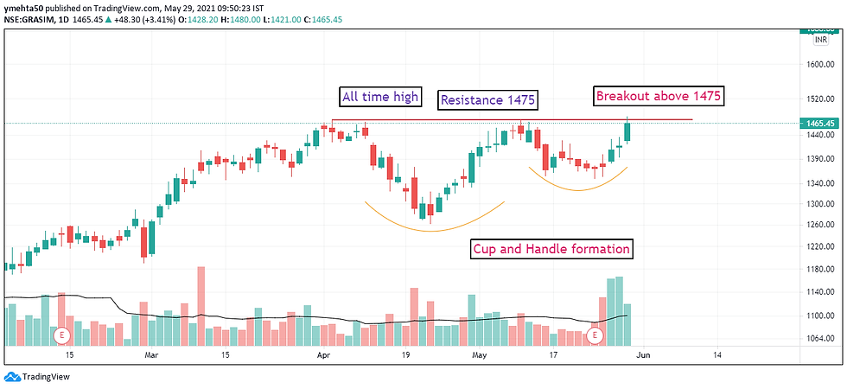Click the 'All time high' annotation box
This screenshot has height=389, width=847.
(379, 96)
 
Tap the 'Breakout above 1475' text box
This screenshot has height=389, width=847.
(658, 96)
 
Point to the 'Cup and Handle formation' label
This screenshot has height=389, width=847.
(551, 249)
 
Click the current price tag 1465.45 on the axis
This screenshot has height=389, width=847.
(820, 124)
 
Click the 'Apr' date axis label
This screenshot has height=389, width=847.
(323, 354)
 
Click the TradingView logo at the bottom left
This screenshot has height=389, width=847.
(37, 377)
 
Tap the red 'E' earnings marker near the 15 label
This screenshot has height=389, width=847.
(61, 334)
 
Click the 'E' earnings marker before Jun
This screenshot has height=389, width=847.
(595, 334)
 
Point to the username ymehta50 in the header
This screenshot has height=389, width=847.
(28, 6)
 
